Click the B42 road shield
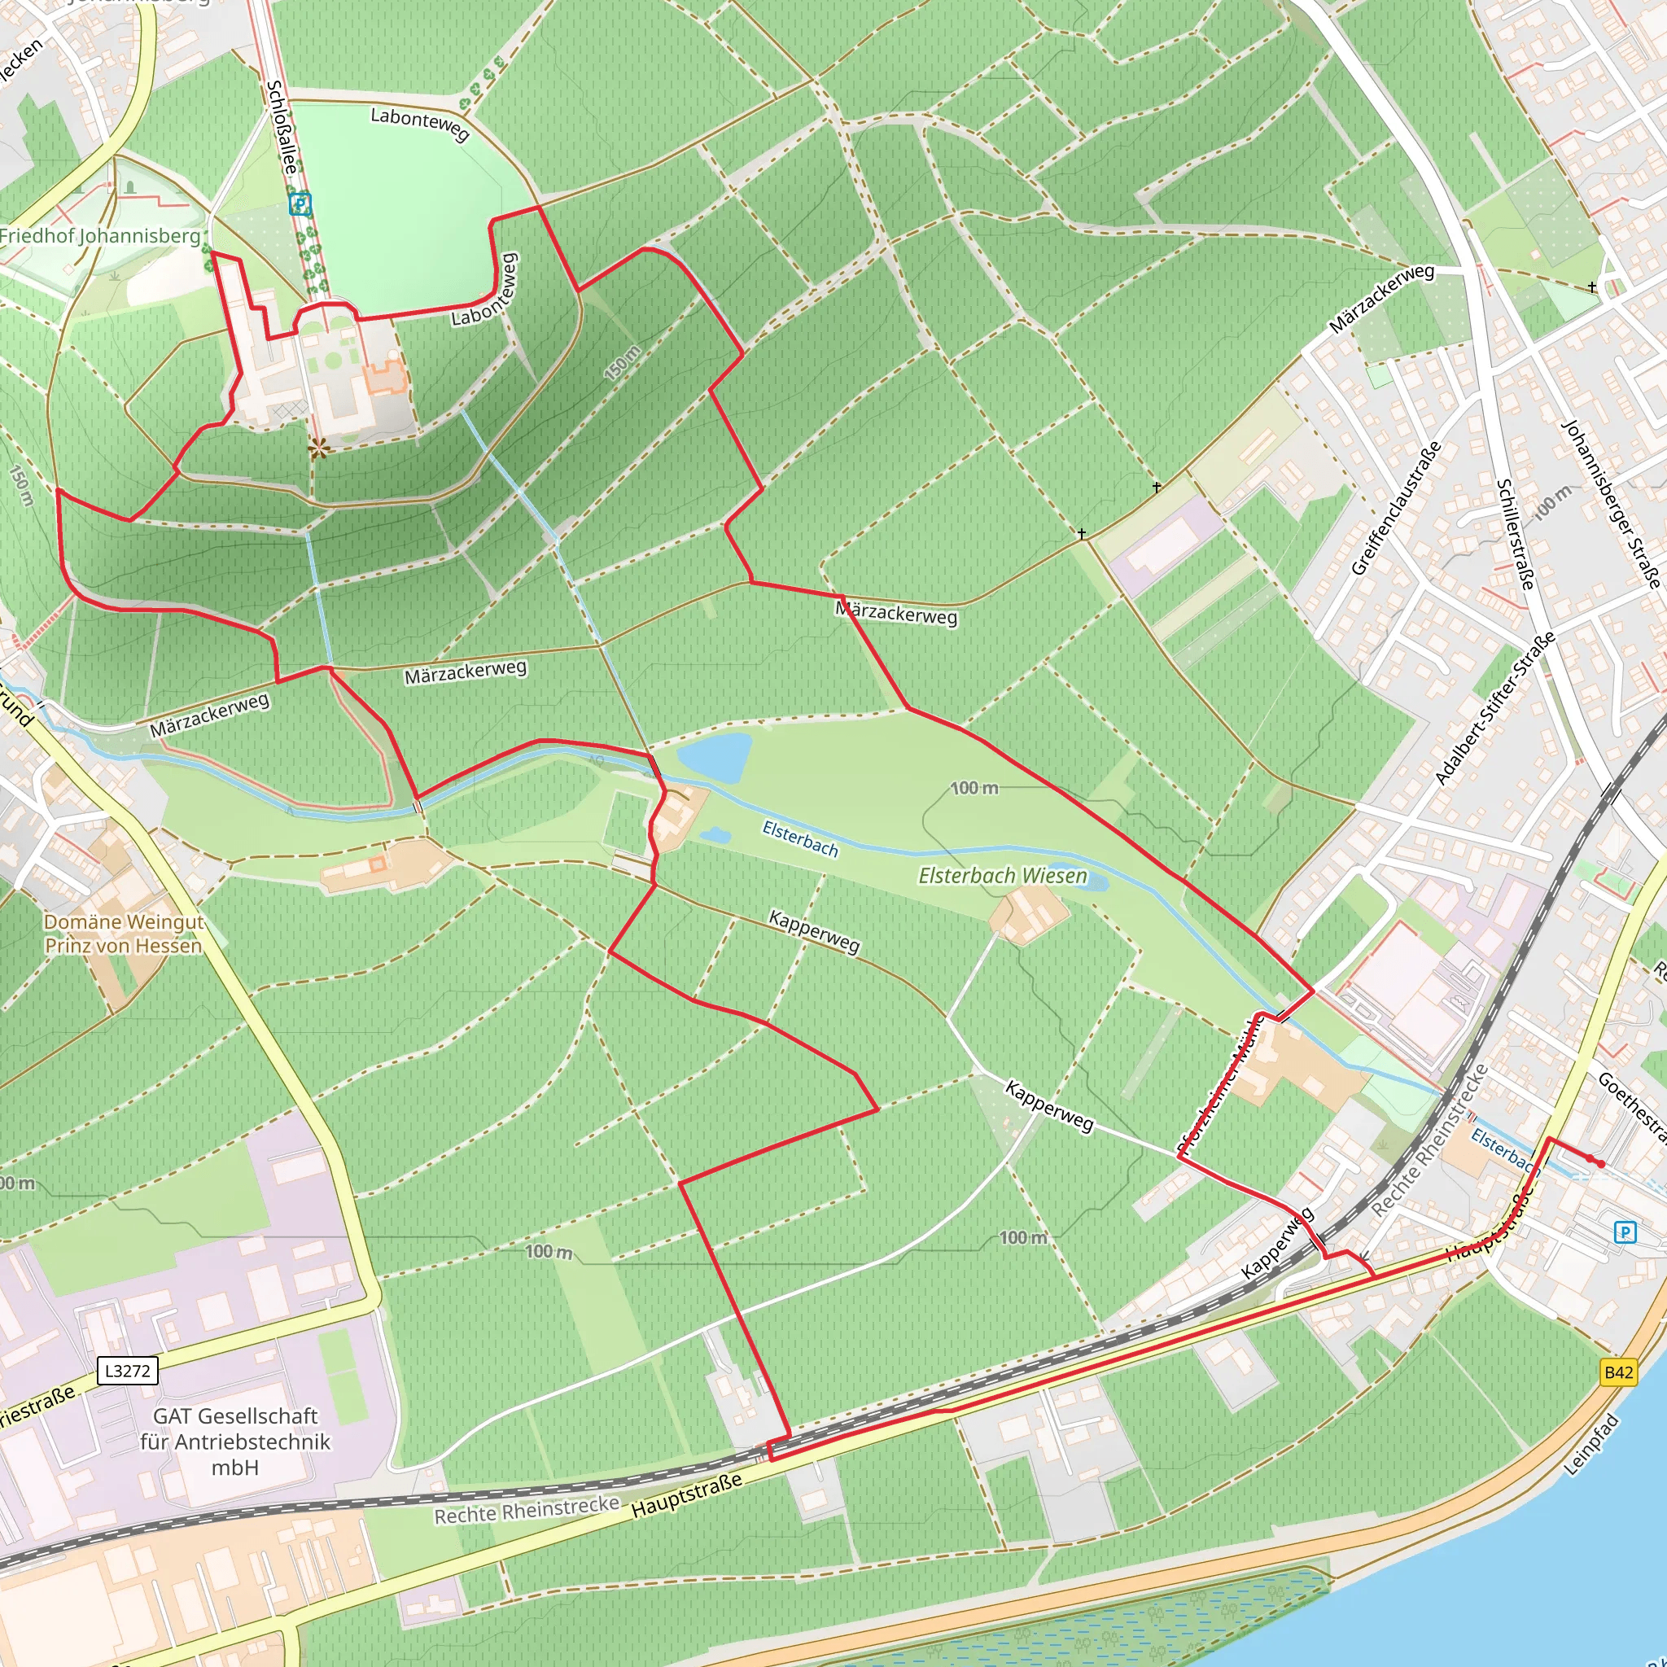pyautogui.click(x=1618, y=1372)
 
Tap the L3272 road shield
pyautogui.click(x=128, y=1370)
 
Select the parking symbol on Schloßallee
pyautogui.click(x=300, y=204)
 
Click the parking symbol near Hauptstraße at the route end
pyautogui.click(x=1625, y=1232)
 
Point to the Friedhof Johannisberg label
pyautogui.click(x=100, y=235)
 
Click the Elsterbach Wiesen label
pyautogui.click(x=1003, y=876)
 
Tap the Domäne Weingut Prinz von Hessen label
pyautogui.click(x=124, y=934)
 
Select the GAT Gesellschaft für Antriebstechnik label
pyautogui.click(x=234, y=1441)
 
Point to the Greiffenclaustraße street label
pyautogui.click(x=1395, y=508)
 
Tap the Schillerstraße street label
pyautogui.click(x=1515, y=534)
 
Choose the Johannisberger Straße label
pyautogui.click(x=1610, y=504)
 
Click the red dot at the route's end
pyautogui.click(x=1601, y=1164)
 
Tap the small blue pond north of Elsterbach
pyautogui.click(x=714, y=758)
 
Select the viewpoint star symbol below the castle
pyautogui.click(x=319, y=447)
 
